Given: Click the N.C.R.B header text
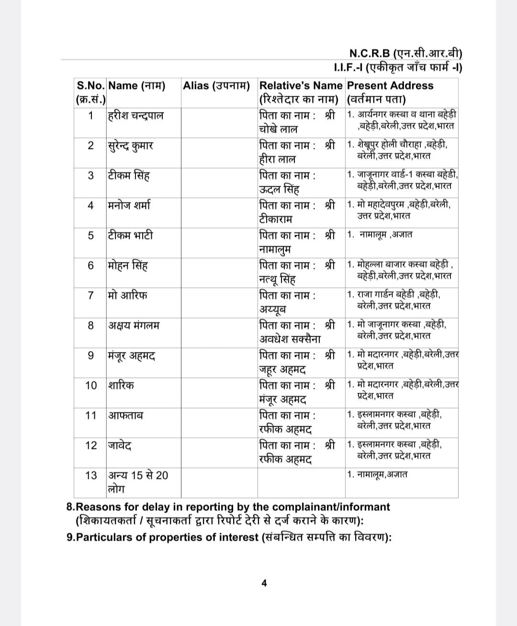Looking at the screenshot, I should pos(405,53).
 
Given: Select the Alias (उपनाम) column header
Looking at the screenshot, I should pos(216,86).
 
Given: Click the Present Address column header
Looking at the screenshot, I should pos(390,86).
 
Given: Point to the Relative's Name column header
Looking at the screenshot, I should pos(301,86).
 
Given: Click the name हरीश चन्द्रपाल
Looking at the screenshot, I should pos(136,115).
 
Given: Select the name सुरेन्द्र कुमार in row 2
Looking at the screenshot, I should pos(131,146).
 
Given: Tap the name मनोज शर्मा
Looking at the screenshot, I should pos(129,205).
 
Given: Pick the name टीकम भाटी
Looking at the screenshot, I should pos(131,235).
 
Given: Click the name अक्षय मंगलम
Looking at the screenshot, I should pos(134,325).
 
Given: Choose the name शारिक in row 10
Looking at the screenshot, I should pos(121,385).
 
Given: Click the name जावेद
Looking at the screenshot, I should pos(120,445).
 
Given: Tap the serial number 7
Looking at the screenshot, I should pos(91,295).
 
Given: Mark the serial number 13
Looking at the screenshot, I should pos(91,475).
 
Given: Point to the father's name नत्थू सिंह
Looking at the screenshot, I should pos(277,279).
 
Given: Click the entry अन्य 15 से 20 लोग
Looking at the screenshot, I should pos(138,482).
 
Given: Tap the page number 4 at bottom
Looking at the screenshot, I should pos(264,583).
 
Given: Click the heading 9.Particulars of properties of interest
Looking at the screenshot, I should pos(229,537).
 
